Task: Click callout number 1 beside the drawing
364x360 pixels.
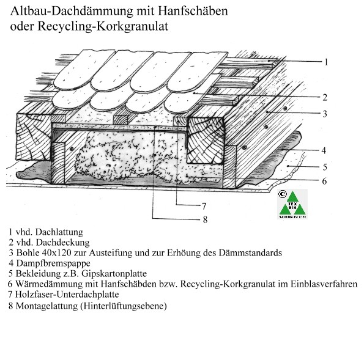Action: pos(326,62)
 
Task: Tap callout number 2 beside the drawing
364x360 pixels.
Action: pos(325,97)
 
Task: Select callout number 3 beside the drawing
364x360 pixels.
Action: pos(325,114)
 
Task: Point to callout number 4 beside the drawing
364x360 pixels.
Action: pos(324,150)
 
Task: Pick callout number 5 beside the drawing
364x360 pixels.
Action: pos(325,167)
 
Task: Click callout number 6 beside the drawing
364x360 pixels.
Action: pos(324,181)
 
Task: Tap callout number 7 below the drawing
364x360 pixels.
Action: pos(204,206)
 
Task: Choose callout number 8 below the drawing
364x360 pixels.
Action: pos(205,219)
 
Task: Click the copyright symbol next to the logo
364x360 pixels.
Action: pos(282,194)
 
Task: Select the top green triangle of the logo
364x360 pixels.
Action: pos(292,197)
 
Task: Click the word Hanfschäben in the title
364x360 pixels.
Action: pos(193,11)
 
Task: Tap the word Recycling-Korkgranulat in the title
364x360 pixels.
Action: pos(103,26)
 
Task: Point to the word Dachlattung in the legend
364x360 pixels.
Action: pos(59,232)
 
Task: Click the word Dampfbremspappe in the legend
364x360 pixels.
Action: pos(53,263)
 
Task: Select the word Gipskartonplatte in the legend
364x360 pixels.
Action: pos(114,273)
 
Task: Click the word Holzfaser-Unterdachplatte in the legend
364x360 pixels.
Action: pos(67,295)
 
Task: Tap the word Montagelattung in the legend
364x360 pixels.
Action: pos(46,306)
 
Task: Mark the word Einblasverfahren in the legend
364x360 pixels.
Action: pos(324,284)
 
